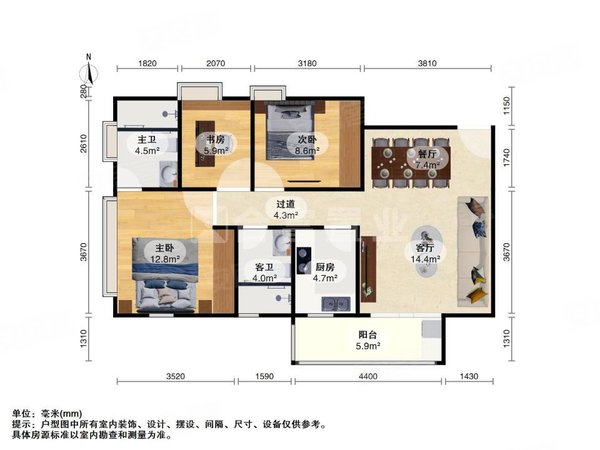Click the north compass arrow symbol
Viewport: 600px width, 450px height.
[x=90, y=71]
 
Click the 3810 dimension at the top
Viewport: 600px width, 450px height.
[x=428, y=63]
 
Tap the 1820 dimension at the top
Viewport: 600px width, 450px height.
[x=147, y=63]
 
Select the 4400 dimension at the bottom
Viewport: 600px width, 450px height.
[x=367, y=376]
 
